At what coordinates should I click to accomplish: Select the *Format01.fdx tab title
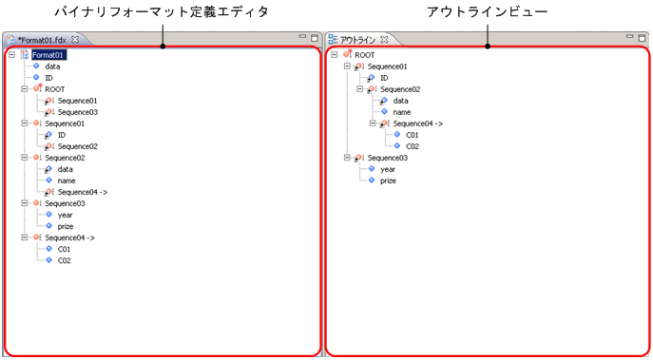pos(43,39)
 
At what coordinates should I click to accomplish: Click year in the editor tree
pos(66,215)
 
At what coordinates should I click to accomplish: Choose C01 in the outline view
pos(413,135)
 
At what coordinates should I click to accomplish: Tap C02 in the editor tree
pos(65,260)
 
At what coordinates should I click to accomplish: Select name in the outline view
pos(401,112)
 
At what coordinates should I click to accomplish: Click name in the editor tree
pos(67,180)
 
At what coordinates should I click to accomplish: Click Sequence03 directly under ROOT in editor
pos(76,112)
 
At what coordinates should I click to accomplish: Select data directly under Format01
pos(53,66)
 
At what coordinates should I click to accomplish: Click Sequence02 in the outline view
pos(399,89)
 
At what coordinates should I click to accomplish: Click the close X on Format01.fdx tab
pos(76,39)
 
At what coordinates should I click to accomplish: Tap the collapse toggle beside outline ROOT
pos(334,55)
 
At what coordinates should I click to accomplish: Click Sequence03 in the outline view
pos(387,158)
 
